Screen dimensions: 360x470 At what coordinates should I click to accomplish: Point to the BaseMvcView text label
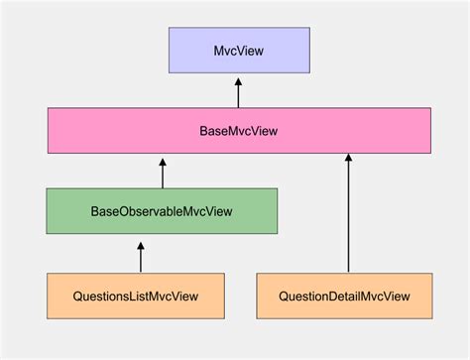239,131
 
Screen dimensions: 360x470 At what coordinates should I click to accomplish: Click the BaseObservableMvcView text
162,210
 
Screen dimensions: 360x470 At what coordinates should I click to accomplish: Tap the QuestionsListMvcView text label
135,296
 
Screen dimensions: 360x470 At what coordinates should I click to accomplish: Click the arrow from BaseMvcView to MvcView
238,95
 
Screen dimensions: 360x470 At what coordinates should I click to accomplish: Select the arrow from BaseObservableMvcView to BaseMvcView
162,173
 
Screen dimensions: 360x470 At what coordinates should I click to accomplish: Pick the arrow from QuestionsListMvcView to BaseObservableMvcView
140,256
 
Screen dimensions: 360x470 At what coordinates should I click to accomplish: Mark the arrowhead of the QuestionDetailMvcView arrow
348,160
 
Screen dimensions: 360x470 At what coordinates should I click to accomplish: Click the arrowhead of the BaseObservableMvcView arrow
162,161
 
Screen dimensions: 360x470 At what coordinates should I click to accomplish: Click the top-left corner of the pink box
47,109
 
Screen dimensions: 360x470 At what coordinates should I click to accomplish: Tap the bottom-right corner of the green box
277,232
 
